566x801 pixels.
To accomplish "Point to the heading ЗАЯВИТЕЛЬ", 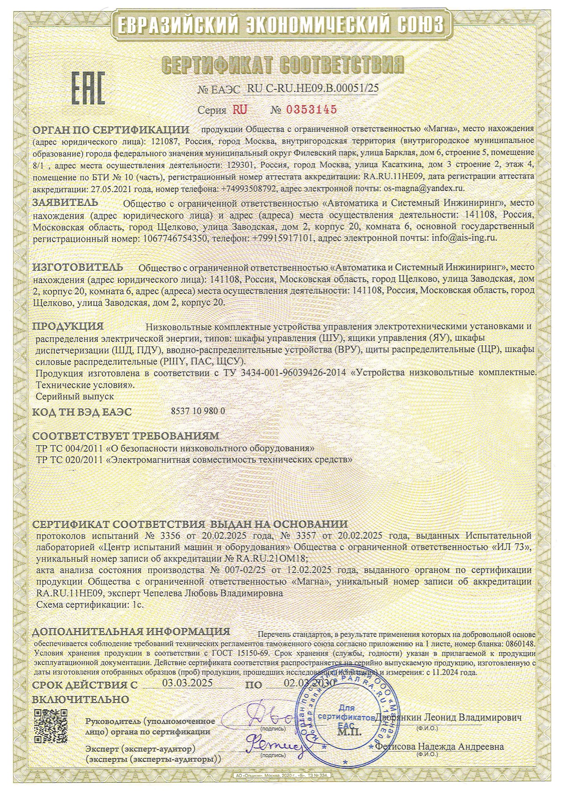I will pos(66,202).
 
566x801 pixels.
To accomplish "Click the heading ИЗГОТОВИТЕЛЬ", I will pos(78,267).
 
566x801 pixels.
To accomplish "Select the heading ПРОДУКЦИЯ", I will pos(68,326).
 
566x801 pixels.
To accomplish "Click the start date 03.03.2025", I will pos(187,683).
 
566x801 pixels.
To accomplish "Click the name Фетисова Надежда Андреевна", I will pos(439,746).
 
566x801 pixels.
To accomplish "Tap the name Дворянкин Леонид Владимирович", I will pos(448,718).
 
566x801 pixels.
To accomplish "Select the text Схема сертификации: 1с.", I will pos(90,605).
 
